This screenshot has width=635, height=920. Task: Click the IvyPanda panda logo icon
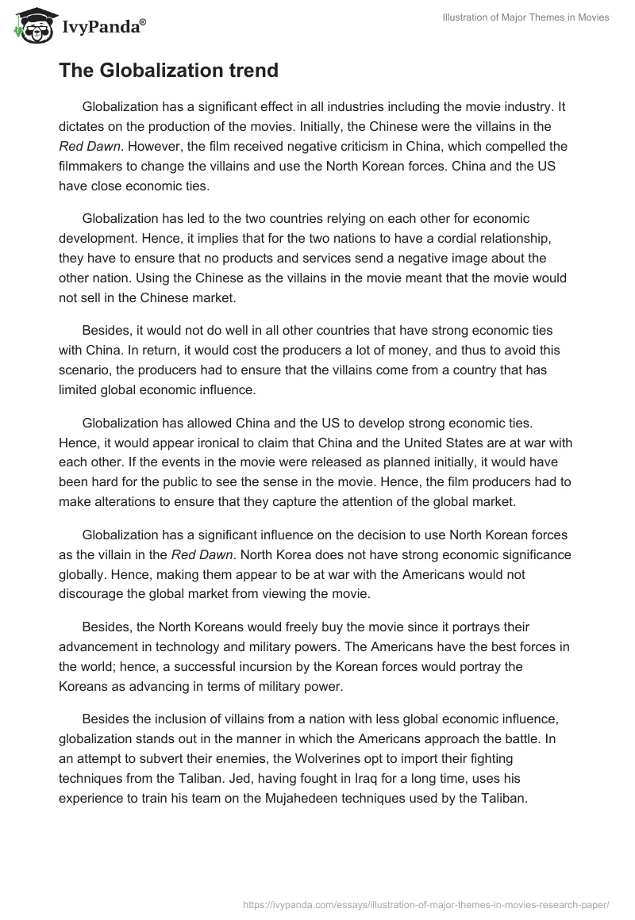tap(31, 29)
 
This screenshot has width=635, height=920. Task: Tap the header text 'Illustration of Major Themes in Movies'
tap(525, 18)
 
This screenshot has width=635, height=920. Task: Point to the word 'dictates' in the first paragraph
tap(80, 127)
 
